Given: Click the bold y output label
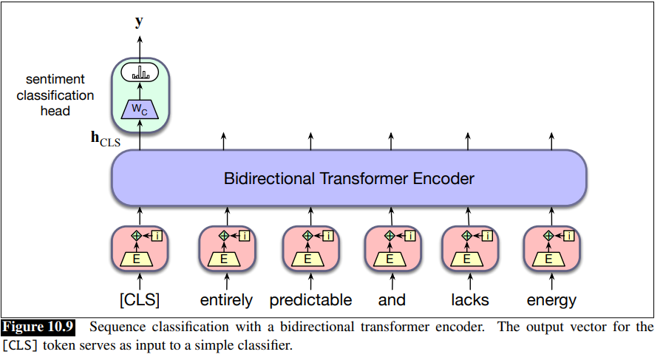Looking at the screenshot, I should coord(139,21).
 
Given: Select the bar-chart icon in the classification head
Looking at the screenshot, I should coord(140,73).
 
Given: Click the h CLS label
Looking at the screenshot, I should coord(105,138).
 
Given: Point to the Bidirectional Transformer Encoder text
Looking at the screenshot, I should coord(348,178).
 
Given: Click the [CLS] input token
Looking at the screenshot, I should coord(140,300).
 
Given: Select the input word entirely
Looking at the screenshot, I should coord(226,300).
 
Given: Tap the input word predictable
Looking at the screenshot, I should coord(310,300).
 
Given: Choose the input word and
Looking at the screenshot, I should coord(392,300).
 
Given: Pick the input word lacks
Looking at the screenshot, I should coord(469,300).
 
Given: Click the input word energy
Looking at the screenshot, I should coord(551,300).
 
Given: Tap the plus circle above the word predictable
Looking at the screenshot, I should coord(307,236).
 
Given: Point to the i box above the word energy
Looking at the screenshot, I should coord(569,236).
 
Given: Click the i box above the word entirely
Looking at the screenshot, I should coord(245,236).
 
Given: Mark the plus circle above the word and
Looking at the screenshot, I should coord(389,236).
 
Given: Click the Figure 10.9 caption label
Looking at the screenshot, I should coord(38,327).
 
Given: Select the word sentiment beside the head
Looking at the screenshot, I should coord(55,79).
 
